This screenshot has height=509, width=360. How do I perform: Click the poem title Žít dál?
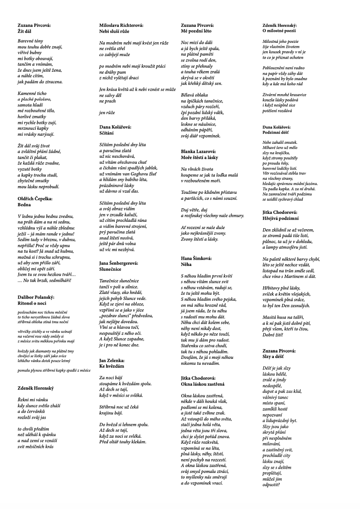tap(24, 31)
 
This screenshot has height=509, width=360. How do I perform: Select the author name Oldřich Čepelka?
tap(35, 199)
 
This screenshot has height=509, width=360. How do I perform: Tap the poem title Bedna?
tap(24, 204)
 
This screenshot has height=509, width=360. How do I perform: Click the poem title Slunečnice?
tap(110, 269)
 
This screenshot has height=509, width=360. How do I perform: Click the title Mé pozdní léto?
tap(196, 31)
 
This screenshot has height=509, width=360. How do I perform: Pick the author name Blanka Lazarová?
tap(199, 151)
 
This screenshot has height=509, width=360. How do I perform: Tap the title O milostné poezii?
tap(279, 31)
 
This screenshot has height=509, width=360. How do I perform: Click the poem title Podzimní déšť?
tap(277, 132)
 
